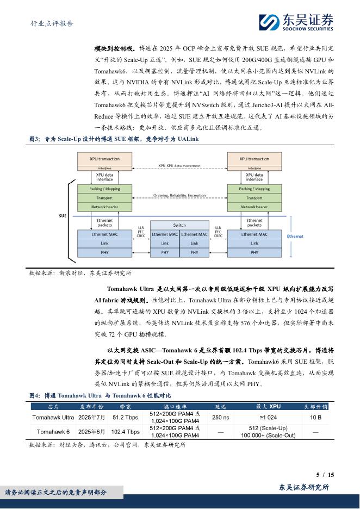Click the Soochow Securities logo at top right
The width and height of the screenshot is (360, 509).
click(x=296, y=21)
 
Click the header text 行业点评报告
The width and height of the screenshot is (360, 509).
click(x=52, y=24)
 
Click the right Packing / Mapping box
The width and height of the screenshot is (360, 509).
click(x=255, y=189)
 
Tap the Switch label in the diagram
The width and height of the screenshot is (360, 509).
click(x=179, y=225)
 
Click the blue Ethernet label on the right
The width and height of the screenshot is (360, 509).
click(x=295, y=237)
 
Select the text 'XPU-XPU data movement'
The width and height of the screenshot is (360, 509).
click(x=179, y=165)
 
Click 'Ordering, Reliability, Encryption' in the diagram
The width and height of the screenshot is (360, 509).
click(x=179, y=195)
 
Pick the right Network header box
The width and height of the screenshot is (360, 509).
click(x=255, y=207)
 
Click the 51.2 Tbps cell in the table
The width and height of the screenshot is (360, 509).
click(x=126, y=417)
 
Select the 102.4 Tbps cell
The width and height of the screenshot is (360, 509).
click(x=126, y=432)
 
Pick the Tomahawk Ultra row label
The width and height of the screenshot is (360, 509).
click(x=53, y=417)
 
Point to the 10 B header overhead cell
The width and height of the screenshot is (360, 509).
click(x=315, y=417)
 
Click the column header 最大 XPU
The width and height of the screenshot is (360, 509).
click(x=268, y=406)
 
